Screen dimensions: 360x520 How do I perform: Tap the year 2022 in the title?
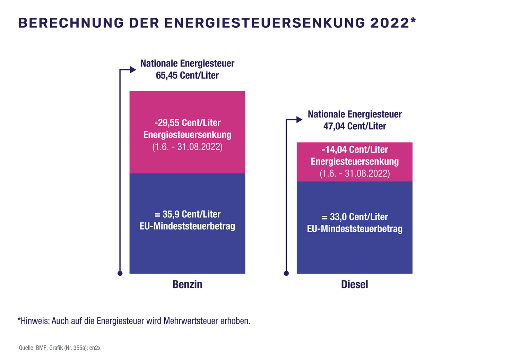tap(390, 23)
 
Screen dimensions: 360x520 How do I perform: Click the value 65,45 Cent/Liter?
tap(187, 76)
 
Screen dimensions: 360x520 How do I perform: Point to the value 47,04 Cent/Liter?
tap(354, 126)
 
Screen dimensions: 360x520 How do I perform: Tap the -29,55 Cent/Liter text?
tap(187, 123)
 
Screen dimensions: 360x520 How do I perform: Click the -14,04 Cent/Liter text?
tap(354, 150)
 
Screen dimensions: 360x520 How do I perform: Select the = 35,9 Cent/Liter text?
tap(187, 214)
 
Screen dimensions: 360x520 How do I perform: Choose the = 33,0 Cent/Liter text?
tap(354, 217)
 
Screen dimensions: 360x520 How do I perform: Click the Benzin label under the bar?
tap(187, 284)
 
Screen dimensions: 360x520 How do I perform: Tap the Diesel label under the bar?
tap(354, 284)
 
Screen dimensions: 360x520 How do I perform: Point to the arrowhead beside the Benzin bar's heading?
tap(133, 70)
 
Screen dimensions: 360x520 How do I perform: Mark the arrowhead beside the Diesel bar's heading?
tap(299, 120)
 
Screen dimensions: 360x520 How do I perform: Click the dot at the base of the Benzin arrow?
tap(120, 273)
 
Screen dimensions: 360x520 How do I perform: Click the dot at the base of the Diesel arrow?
tap(286, 273)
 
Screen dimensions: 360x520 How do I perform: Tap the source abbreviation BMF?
tap(41, 348)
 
